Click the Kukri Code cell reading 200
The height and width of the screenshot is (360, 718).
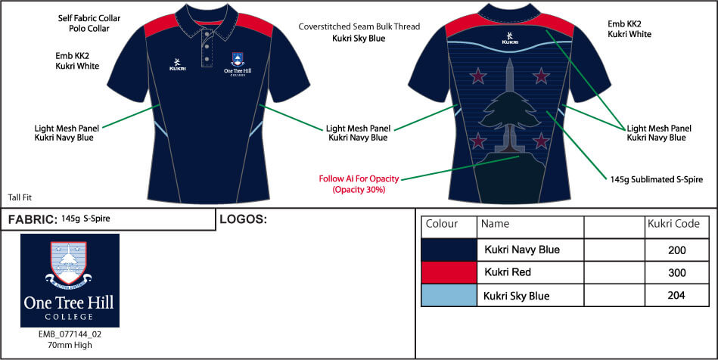coord(677,250)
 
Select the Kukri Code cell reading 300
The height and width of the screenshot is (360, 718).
coord(677,272)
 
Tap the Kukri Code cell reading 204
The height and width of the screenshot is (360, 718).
coord(677,296)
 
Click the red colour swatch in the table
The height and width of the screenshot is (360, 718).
coord(449,272)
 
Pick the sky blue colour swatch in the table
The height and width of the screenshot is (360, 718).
coord(449,296)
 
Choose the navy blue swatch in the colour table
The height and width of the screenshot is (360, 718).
coord(449,250)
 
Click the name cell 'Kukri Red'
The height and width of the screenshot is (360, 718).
coord(508,272)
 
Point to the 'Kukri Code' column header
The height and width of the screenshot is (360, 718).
coord(673,224)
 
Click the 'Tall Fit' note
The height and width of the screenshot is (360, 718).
coord(20,197)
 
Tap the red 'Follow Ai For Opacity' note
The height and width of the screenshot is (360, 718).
coord(359,178)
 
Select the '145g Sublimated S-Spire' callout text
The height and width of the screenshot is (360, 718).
coord(656,179)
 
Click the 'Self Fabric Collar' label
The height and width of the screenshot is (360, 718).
coord(89,18)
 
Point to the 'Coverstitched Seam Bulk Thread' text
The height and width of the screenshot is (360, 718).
coord(359,26)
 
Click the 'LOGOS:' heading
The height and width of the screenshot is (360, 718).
coord(243,219)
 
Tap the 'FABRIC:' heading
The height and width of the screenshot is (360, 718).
coord(33,220)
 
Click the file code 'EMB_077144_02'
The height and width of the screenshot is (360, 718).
coord(70,334)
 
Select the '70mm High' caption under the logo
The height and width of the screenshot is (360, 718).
coord(70,345)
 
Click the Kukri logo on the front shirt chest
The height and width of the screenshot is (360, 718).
coord(178,64)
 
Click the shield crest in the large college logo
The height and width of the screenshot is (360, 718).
coord(68,262)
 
